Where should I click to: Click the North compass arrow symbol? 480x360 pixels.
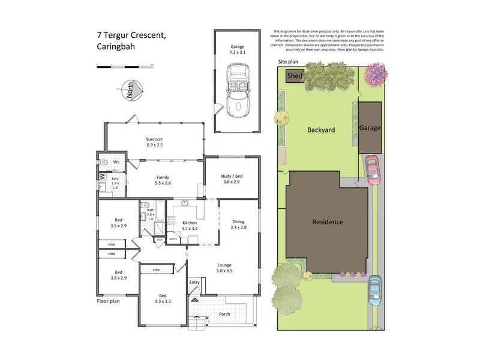click(x=133, y=90)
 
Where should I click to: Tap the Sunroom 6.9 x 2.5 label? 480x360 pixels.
click(x=155, y=142)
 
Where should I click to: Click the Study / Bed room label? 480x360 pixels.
click(x=232, y=178)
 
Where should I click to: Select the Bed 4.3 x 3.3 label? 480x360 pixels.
click(x=163, y=298)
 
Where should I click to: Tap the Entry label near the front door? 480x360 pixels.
click(x=194, y=283)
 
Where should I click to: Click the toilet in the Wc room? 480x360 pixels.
click(x=103, y=161)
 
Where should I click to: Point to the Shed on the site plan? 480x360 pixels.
click(x=295, y=76)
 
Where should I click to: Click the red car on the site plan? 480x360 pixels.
click(x=371, y=170)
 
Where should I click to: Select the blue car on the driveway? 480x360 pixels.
click(x=374, y=290)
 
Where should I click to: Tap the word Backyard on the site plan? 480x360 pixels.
click(x=320, y=130)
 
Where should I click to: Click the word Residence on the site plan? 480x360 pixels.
click(x=328, y=222)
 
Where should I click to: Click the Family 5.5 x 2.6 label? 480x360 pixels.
click(x=162, y=181)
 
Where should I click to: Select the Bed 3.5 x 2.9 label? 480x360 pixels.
click(x=118, y=223)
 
